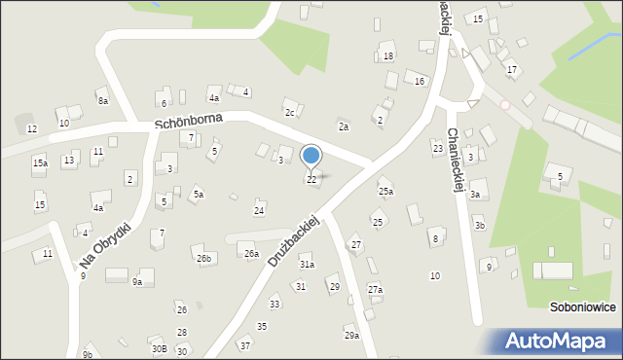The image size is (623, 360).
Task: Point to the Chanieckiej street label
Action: [x=452, y=161]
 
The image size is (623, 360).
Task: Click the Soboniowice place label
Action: [x=581, y=306]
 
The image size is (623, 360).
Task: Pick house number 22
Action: [x=311, y=180]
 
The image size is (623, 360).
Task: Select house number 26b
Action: [x=203, y=258]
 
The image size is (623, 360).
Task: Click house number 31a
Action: [x=307, y=264]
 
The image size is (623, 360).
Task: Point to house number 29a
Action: [x=351, y=335]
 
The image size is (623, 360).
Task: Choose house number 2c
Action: [x=289, y=112]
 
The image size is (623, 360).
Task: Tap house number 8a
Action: [x=102, y=100]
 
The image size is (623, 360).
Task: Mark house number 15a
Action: [x=39, y=163]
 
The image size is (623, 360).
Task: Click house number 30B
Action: [x=159, y=348]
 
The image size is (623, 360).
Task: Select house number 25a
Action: [x=385, y=192]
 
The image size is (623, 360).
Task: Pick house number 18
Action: [x=388, y=56]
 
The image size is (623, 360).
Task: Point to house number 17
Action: [x=512, y=70]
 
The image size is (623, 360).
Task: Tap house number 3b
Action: [x=480, y=225]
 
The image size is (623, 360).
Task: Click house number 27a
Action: [x=375, y=289]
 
